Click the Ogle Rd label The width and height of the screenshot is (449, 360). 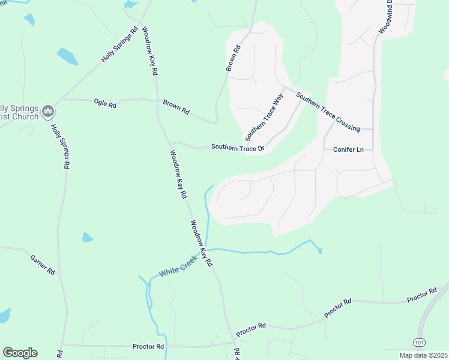coord(105,104)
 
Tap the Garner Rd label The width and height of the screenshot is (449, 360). coord(43,265)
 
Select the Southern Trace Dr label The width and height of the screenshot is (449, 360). coord(237,148)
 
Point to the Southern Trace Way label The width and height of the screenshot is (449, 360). coord(267,115)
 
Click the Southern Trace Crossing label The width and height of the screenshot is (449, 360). coord(328,113)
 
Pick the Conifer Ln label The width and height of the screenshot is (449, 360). coord(348,149)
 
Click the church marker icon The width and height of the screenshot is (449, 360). coord(49,111)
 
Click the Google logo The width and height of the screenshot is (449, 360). coord(20,352)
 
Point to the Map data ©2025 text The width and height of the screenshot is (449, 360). coord(423,355)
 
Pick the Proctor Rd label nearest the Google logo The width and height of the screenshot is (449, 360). coord(148,346)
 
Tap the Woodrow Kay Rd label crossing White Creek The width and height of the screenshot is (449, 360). coord(202,243)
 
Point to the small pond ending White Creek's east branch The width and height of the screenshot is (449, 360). coord(321,251)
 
